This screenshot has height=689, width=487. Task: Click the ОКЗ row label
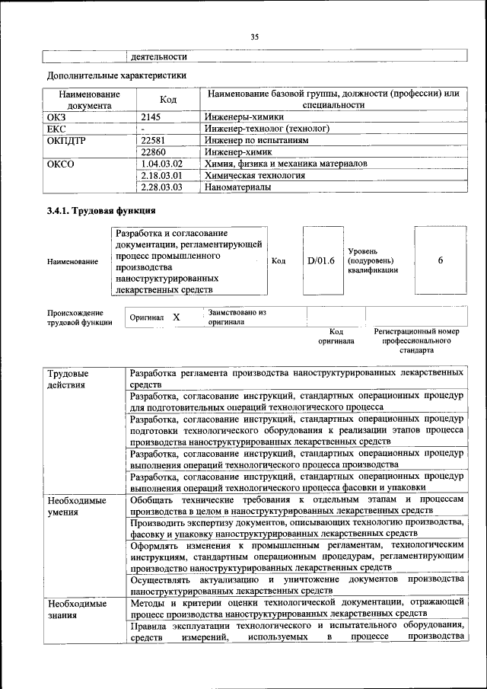pos(58,117)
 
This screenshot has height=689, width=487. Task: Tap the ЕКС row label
pos(58,129)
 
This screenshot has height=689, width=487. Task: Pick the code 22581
pos(156,140)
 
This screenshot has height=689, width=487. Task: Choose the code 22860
pos(156,152)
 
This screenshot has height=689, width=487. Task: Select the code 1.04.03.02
pos(162,164)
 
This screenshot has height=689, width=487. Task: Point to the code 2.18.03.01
pos(162,175)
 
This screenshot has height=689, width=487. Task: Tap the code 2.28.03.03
pos(162,187)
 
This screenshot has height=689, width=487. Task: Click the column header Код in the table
pos(168,100)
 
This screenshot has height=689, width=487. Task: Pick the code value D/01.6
pos(321,260)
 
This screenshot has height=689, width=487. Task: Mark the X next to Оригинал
pos(176,317)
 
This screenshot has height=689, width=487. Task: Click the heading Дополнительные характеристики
pos(116,75)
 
